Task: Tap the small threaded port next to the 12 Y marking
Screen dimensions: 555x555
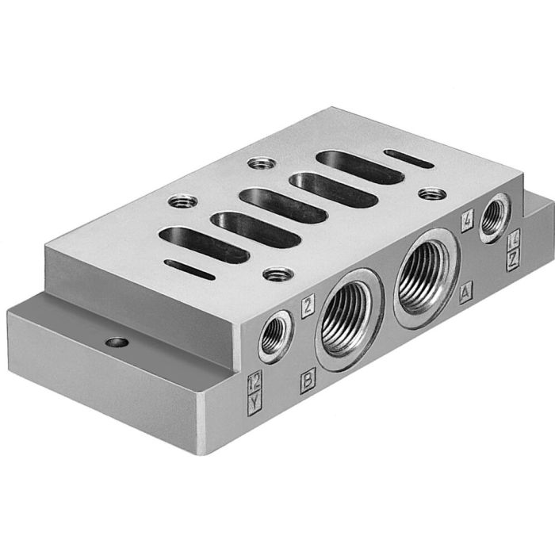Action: coord(275,337)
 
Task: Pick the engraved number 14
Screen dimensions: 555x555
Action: coord(514,237)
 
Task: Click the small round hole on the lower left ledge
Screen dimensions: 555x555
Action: coord(117,343)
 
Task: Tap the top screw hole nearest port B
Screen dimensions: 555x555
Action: coord(277,274)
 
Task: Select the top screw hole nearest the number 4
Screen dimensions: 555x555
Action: coord(431,193)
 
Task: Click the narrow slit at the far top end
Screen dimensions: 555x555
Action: coord(408,159)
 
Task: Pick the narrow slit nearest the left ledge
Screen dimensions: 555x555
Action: coord(189,270)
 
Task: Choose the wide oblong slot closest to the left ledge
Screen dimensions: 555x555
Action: coord(203,244)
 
